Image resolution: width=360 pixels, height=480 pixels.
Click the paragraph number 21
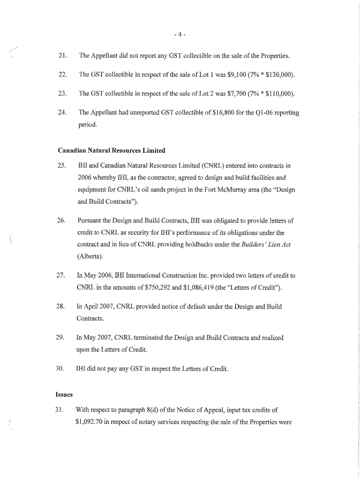click(64, 56)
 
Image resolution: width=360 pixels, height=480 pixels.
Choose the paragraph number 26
click(64, 220)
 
